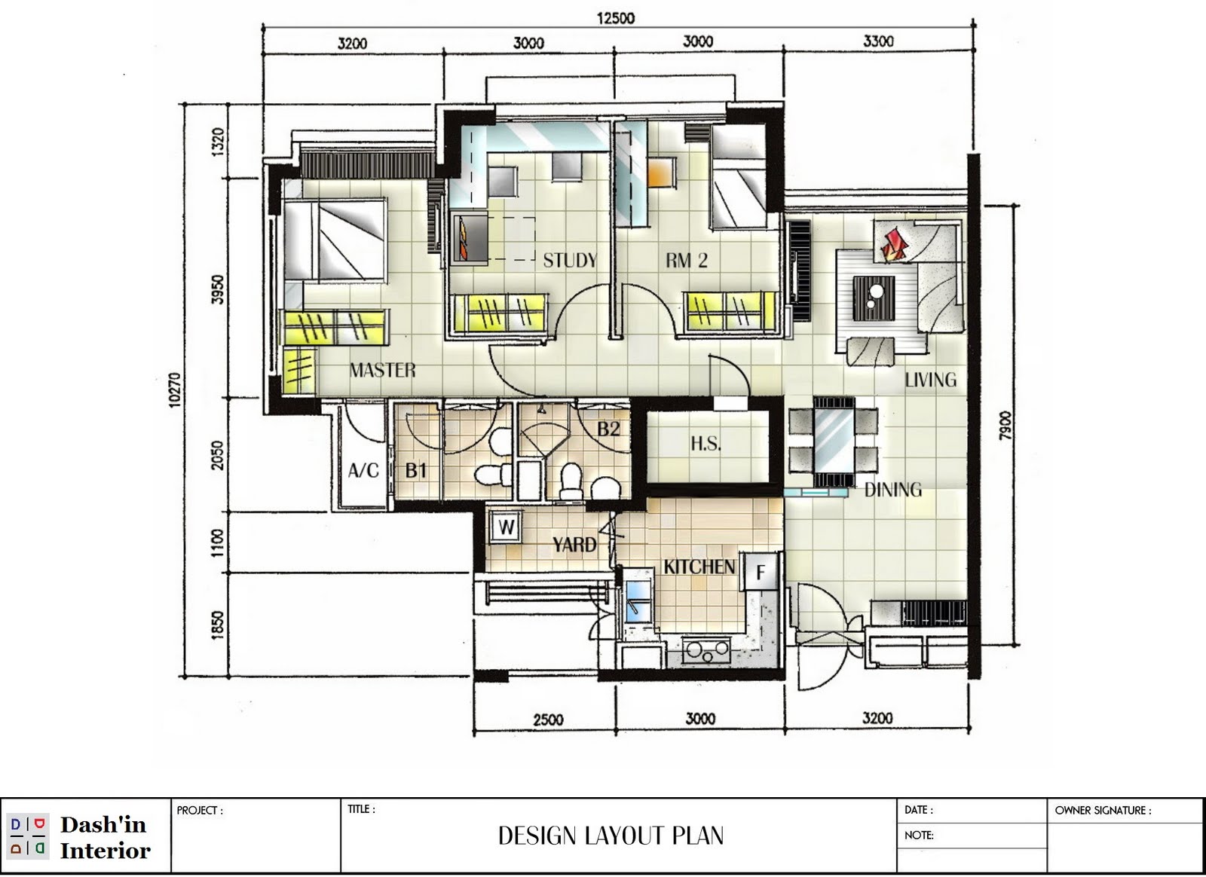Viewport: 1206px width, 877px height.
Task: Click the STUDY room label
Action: (x=570, y=261)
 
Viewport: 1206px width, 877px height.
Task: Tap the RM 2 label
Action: (x=686, y=261)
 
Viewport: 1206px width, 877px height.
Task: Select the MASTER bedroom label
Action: (x=382, y=370)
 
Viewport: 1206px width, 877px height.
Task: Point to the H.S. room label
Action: (x=706, y=444)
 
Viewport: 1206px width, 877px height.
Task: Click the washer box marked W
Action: (x=507, y=527)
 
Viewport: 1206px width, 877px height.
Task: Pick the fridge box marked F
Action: (x=760, y=573)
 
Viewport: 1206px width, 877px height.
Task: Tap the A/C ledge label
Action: (x=363, y=471)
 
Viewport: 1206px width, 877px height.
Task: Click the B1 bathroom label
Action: (x=416, y=471)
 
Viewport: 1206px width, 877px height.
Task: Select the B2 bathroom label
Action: (x=608, y=429)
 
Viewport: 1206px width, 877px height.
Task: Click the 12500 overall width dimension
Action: (x=615, y=17)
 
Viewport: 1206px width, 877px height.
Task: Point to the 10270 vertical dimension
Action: (x=175, y=390)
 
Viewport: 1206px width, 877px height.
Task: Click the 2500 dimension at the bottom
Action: (x=548, y=720)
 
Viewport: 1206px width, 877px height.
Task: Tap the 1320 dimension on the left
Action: (x=218, y=142)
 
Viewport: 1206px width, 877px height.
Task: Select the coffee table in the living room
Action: (x=874, y=298)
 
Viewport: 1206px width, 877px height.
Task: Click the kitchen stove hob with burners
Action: (x=707, y=650)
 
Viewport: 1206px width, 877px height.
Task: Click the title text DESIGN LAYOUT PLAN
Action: (x=611, y=836)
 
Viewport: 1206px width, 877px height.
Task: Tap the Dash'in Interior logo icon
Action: (x=28, y=836)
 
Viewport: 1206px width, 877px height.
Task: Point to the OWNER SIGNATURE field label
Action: (x=1103, y=811)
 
